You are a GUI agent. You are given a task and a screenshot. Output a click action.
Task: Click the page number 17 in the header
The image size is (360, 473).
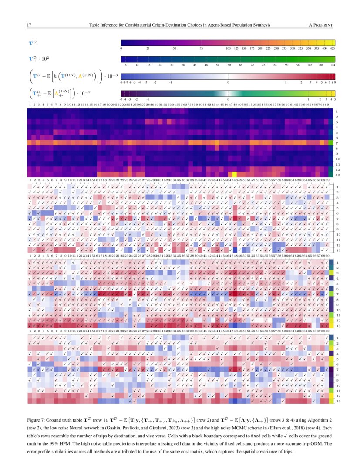click(29, 25)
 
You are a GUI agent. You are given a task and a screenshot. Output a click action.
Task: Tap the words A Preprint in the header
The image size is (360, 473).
click(320, 25)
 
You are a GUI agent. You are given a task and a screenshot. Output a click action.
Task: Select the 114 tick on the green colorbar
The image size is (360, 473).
click(332, 64)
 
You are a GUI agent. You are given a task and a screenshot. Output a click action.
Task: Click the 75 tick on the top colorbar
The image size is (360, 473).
click(201, 48)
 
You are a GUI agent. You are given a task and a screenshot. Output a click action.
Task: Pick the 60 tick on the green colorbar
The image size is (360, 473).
click(229, 64)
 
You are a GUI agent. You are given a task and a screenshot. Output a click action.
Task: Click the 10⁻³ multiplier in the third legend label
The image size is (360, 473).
click(112, 76)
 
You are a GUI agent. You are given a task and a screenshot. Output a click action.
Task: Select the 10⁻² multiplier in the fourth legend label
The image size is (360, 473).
click(93, 93)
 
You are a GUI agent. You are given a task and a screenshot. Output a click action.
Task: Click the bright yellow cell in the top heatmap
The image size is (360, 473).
click(234, 174)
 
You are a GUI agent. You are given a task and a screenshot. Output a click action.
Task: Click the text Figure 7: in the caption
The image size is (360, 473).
click(36, 421)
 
